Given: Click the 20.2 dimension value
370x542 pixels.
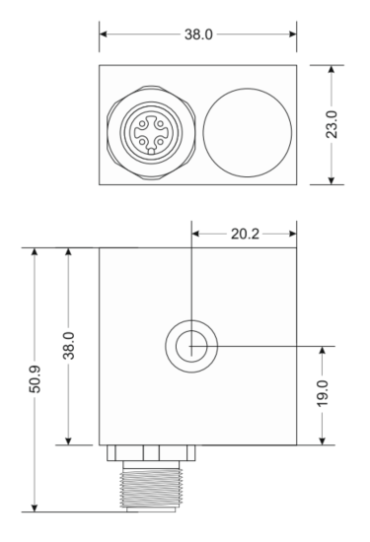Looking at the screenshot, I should point(244,235).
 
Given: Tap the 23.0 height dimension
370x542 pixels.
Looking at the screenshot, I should point(330,124).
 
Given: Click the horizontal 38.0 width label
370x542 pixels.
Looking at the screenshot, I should point(198,34).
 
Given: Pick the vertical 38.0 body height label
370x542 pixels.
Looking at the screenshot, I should point(68,346).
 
